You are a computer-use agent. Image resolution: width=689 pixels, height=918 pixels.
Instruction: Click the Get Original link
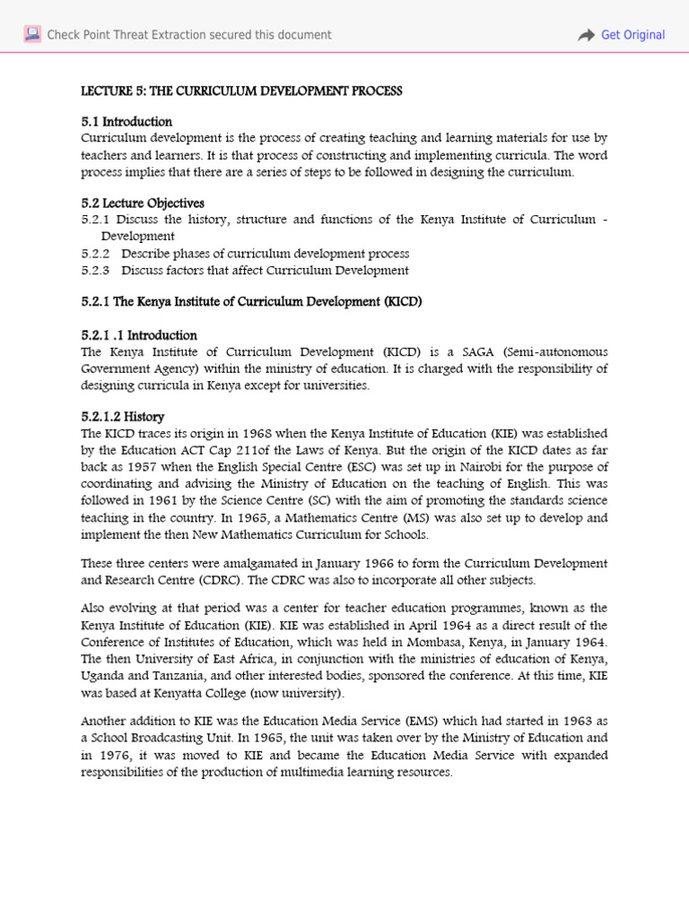[x=632, y=35]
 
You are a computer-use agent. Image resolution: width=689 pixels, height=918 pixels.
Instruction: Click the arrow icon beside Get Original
[x=586, y=35]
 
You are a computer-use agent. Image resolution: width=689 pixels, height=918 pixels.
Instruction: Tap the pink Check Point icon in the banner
[x=32, y=35]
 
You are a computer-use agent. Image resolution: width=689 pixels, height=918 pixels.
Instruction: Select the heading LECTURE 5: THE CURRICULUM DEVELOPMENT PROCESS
[x=241, y=91]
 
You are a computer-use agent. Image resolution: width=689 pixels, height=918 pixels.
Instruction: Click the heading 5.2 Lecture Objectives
[x=143, y=204]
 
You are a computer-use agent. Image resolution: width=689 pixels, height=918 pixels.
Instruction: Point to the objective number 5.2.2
[x=95, y=254]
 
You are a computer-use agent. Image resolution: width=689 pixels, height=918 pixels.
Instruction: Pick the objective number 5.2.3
[x=95, y=270]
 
